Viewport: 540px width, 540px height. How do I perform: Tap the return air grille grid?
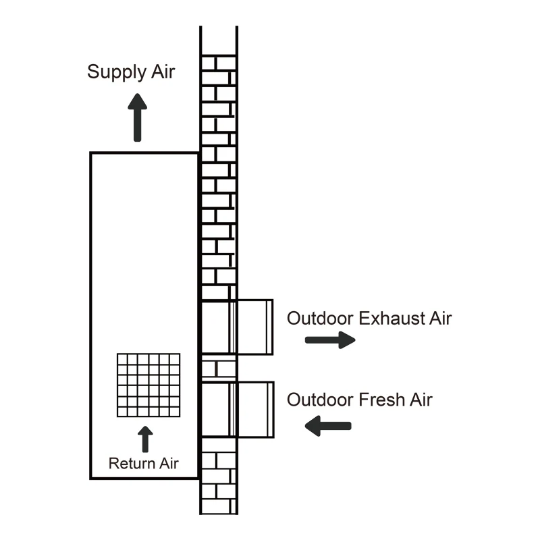[x=148, y=385]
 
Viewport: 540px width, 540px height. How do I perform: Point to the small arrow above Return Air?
[x=144, y=439]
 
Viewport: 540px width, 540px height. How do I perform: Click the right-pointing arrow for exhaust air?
[x=330, y=340]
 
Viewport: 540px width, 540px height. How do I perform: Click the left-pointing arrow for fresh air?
[x=328, y=425]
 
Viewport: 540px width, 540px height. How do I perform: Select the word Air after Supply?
[x=162, y=72]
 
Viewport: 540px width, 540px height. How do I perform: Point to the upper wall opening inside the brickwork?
[x=216, y=327]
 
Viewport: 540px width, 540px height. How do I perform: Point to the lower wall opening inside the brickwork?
[x=216, y=409]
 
